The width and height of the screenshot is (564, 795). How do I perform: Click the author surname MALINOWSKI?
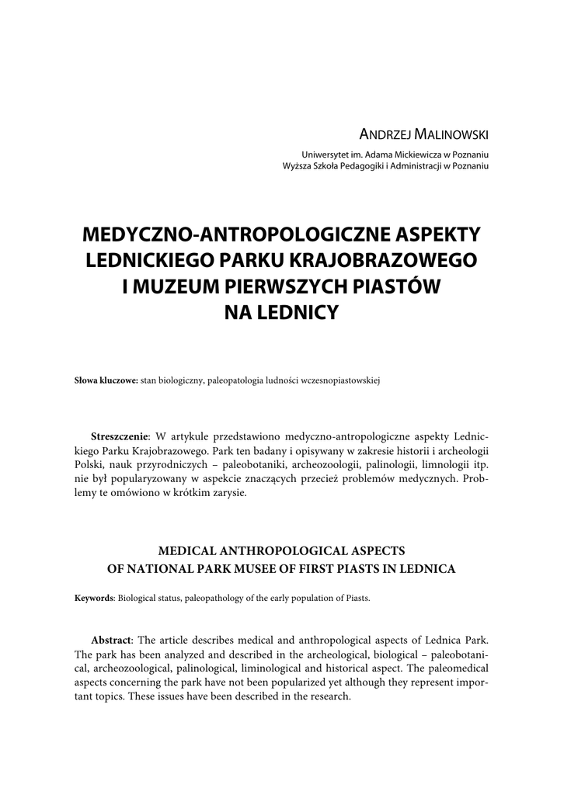click(454, 134)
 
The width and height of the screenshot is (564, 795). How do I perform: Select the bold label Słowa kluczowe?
click(106, 380)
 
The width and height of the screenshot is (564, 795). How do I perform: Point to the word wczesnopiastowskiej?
click(338, 380)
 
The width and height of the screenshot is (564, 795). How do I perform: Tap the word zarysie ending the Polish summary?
click(225, 494)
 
